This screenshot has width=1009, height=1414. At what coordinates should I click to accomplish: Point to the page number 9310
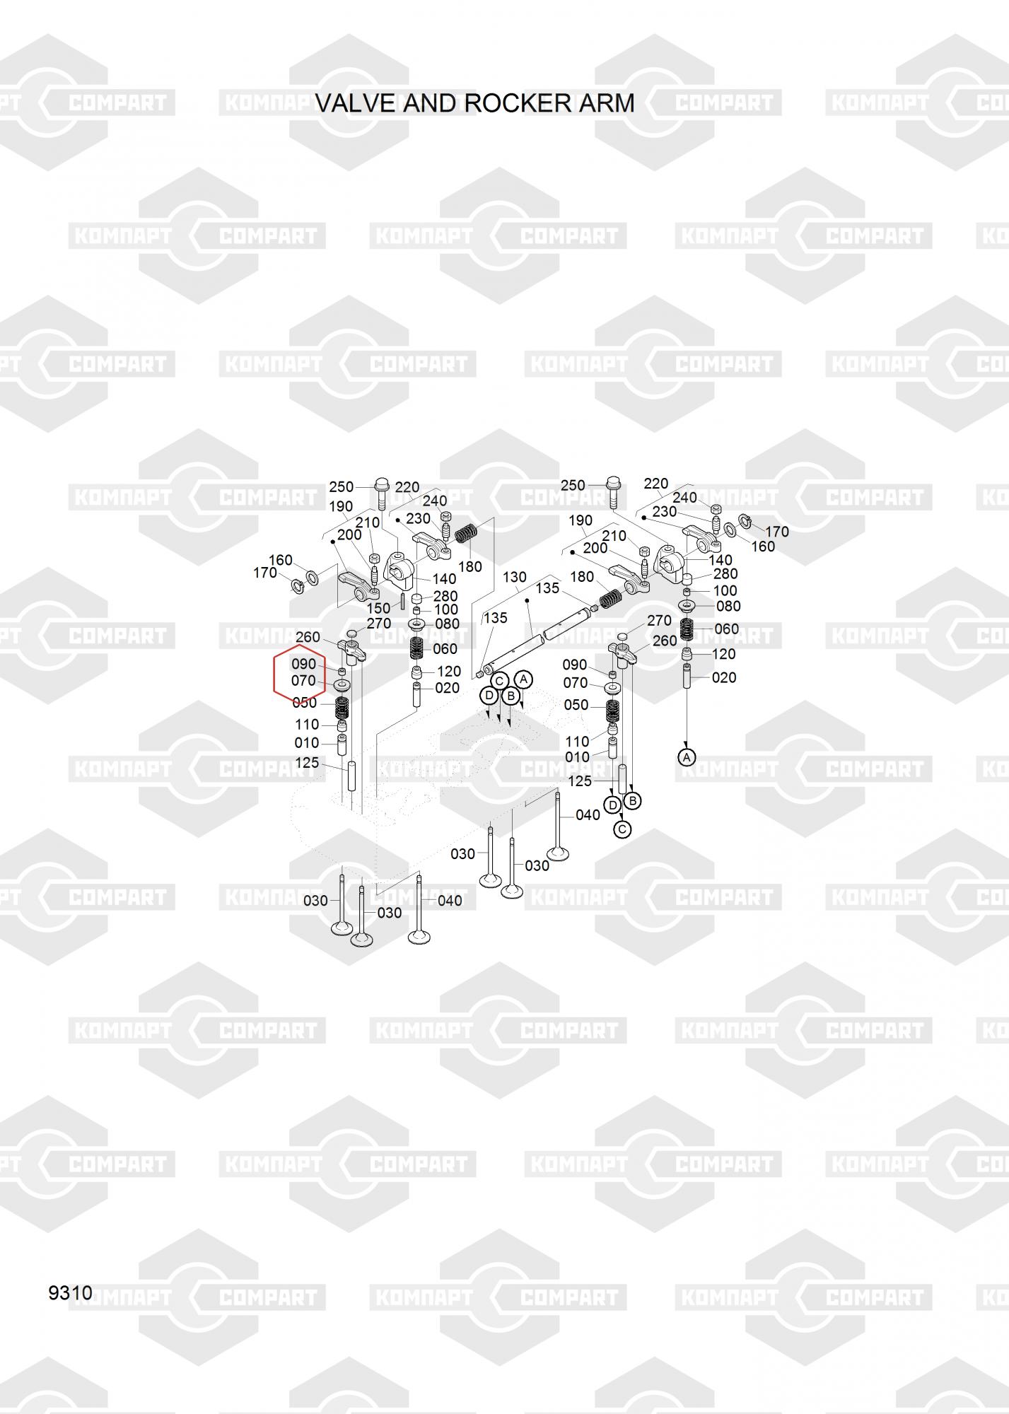(70, 1293)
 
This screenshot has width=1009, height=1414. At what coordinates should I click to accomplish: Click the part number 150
(378, 608)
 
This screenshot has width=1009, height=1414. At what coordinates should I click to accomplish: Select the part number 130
(515, 577)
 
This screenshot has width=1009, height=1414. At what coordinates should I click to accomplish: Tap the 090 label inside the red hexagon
(303, 665)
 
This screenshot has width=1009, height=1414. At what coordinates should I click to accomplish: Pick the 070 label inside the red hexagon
(303, 682)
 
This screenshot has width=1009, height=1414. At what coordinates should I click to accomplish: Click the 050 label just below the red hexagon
(304, 703)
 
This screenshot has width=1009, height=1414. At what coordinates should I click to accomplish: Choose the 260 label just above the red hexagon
(308, 638)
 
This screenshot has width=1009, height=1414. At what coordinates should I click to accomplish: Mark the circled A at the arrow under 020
(687, 757)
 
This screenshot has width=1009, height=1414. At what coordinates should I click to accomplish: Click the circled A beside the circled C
(523, 679)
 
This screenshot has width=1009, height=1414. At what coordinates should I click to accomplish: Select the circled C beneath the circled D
(622, 829)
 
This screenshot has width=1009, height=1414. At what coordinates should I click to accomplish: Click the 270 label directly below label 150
(379, 624)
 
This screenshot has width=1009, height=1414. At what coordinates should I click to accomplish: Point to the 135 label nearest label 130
(547, 588)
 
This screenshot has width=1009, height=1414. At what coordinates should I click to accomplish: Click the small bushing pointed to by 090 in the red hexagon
(342, 671)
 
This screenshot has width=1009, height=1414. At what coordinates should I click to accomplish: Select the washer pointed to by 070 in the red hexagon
(342, 686)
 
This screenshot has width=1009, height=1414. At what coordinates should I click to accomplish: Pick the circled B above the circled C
(633, 800)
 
